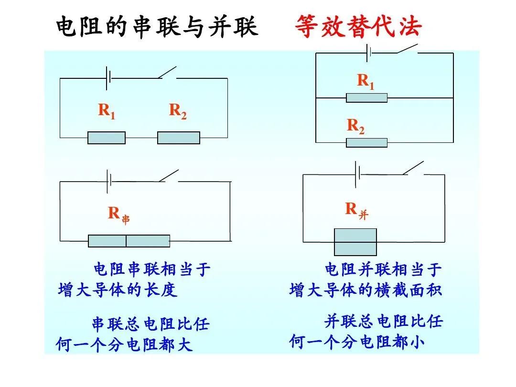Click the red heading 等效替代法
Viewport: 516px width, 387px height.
pos(358,27)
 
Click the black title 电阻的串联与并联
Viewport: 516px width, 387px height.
pos(157,27)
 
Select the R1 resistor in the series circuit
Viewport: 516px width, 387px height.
pos(107,138)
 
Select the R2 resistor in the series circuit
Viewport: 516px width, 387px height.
pos(179,138)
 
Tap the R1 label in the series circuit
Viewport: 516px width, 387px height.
pos(107,111)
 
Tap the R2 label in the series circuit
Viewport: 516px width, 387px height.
pos(178,111)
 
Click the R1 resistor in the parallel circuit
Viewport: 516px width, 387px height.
pos(366,98)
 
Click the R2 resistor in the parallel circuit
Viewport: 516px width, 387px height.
pos(366,142)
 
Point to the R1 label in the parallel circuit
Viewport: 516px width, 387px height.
pos(366,82)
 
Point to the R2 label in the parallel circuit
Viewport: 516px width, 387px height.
pos(355,126)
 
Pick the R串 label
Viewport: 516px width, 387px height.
pos(118,214)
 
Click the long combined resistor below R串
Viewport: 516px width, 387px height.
pos(129,241)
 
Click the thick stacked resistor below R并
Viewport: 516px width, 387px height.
pos(355,242)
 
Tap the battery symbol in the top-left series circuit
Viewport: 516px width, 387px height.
pos(108,78)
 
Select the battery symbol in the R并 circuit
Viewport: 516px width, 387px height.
pos(357,174)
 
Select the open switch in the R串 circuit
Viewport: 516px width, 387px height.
pos(168,176)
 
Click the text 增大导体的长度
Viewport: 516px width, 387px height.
pos(118,290)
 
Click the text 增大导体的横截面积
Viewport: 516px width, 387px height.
pos(365,290)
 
